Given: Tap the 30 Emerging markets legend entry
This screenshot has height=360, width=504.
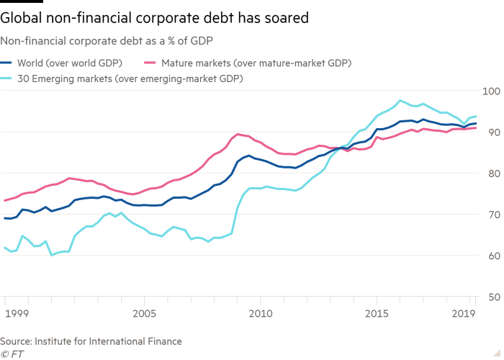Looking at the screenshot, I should tap(130, 79).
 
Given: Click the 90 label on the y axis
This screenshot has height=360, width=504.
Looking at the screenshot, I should tap(492, 132).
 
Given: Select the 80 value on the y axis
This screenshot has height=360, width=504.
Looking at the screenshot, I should tap(492, 173).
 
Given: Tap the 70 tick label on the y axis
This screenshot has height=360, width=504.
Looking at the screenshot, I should tap(492, 214).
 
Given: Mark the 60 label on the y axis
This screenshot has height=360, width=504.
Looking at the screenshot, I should tap(492, 255).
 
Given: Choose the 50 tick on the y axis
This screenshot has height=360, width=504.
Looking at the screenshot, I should tap(492, 296).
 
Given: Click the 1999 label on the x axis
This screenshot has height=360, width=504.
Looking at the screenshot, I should tap(16, 314).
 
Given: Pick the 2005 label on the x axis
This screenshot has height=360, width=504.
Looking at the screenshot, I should tap(144, 314).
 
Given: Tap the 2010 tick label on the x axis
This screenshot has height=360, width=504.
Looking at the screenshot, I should tap(260, 314).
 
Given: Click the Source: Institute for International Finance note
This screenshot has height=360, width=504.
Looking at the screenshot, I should tap(90, 341).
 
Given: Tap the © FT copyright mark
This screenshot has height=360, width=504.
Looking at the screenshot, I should tap(11, 354).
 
